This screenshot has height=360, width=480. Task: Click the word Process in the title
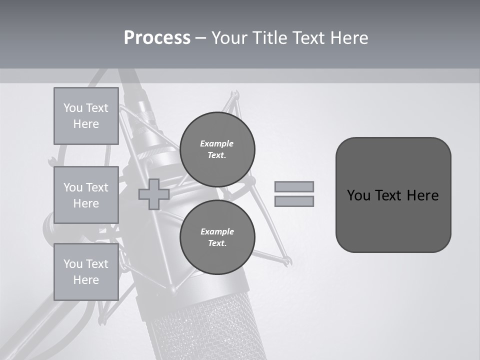[157, 38]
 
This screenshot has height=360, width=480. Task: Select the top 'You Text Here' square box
[86, 116]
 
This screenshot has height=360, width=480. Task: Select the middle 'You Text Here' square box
[86, 195]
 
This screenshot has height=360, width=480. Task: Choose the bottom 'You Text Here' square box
[86, 272]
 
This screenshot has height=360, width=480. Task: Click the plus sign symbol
[153, 194]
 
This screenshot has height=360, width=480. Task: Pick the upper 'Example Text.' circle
[217, 149]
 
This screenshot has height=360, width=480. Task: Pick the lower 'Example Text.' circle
[217, 237]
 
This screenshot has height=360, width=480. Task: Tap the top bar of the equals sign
[294, 186]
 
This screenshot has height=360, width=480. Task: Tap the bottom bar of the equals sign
[294, 201]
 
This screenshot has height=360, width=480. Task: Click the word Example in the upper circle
[217, 143]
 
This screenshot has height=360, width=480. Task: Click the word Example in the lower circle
[217, 231]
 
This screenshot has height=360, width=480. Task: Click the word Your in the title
[227, 38]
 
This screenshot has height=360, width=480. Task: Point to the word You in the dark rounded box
[359, 195]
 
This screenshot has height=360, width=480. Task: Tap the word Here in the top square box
[86, 124]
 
